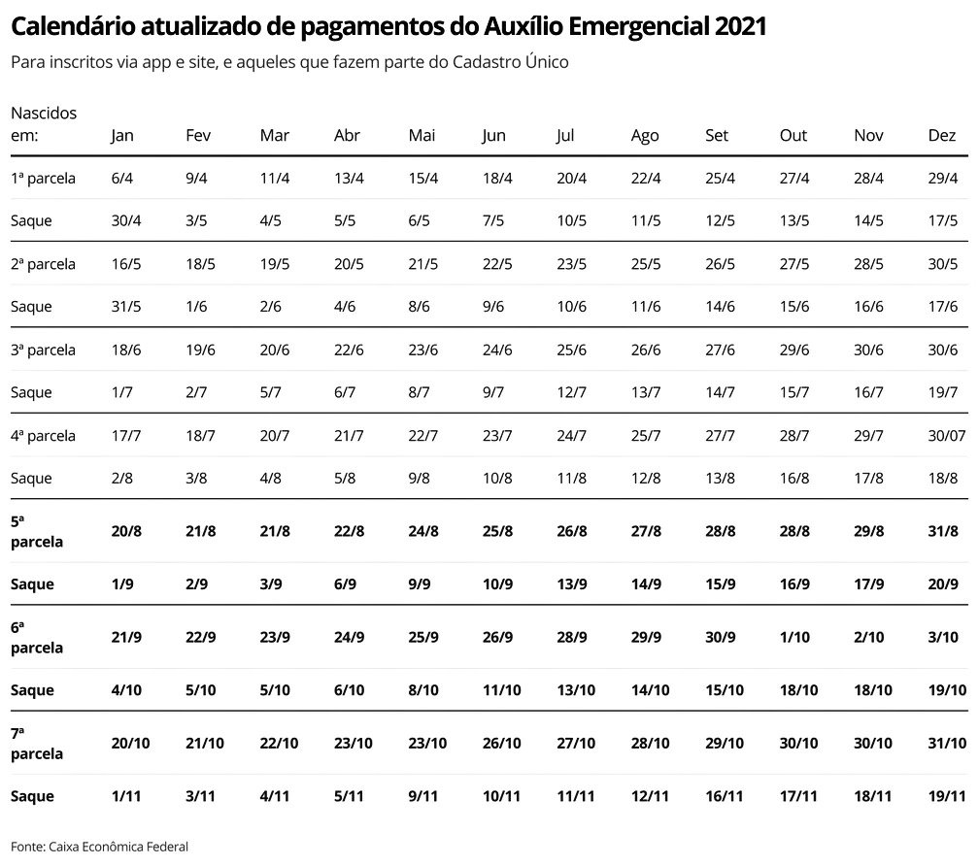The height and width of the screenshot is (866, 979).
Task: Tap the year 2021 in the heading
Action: click(x=739, y=27)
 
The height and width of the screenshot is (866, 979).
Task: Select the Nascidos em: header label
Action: click(x=44, y=124)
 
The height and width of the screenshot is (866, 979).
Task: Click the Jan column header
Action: click(x=122, y=136)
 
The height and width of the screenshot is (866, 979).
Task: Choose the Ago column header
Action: click(x=644, y=136)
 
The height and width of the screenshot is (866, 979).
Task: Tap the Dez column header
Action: click(x=941, y=136)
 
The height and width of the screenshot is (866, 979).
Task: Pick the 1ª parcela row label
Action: click(x=43, y=179)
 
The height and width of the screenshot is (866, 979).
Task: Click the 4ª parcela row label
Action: click(x=43, y=436)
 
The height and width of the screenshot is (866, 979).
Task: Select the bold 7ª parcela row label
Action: click(x=36, y=744)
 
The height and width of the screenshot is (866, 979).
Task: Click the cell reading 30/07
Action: click(x=947, y=436)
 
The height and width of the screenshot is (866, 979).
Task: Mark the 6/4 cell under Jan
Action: click(x=122, y=179)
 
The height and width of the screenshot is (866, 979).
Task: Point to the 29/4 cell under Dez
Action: click(x=942, y=179)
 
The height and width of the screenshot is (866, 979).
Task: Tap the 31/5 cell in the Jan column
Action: click(x=126, y=307)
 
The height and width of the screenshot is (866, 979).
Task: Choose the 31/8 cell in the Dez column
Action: click(x=942, y=531)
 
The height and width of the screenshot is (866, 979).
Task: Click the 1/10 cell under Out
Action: click(x=793, y=637)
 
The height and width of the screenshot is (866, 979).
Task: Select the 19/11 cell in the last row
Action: click(x=946, y=796)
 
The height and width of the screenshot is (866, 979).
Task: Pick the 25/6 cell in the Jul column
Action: click(x=571, y=350)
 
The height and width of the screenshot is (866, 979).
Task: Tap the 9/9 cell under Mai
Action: click(x=421, y=584)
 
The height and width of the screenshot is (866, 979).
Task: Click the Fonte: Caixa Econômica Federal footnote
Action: click(x=99, y=847)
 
